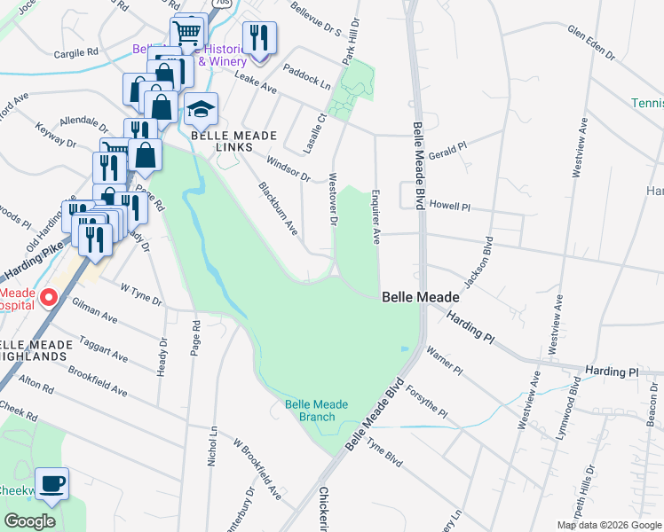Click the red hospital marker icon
click(x=50, y=297)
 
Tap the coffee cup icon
click(x=51, y=484)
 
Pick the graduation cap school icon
click(x=202, y=110)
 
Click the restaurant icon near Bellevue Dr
click(x=259, y=38)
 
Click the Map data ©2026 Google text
click(x=609, y=525)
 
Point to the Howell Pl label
click(x=450, y=205)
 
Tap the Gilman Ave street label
click(x=94, y=311)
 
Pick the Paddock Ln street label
click(x=306, y=77)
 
